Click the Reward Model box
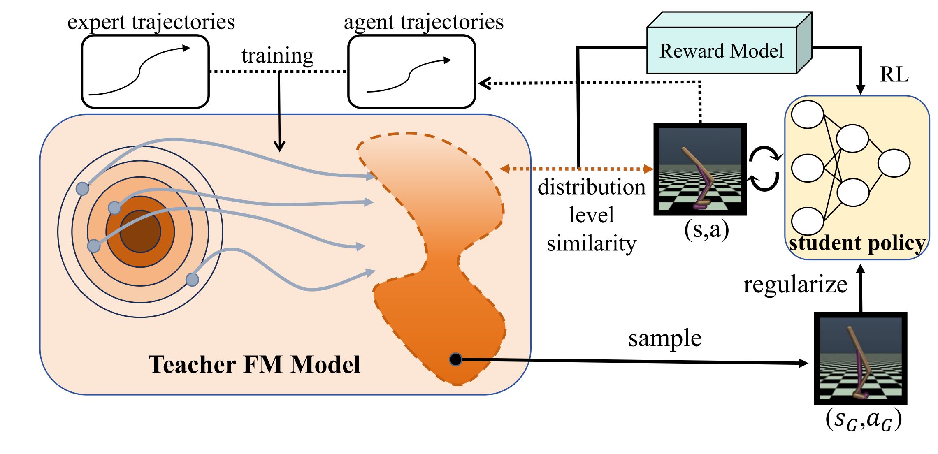722,51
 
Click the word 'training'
278,56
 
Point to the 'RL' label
894,74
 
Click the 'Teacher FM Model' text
254,364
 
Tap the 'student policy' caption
857,243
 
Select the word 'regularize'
795,284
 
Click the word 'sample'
665,338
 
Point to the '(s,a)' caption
706,229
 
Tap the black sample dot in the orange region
456,359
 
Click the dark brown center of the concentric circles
140,231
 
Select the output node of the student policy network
894,163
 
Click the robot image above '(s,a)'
700,169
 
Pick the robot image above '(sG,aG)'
861,358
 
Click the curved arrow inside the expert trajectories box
140,71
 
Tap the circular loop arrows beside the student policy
764,169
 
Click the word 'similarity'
591,243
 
